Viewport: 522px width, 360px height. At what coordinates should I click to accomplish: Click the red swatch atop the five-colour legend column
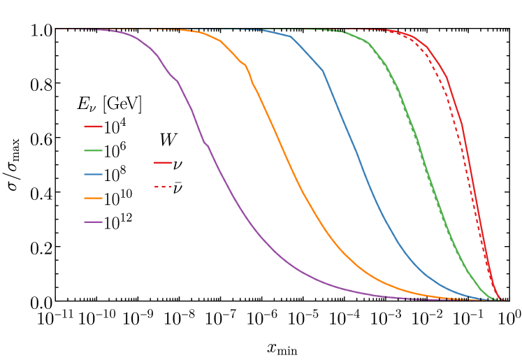click(93, 127)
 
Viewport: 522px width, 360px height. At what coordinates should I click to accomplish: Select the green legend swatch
click(93, 150)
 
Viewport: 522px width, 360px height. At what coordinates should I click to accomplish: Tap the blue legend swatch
click(93, 174)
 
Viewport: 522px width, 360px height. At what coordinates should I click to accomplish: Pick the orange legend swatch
click(93, 198)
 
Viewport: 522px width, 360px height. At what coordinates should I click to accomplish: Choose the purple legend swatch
click(93, 222)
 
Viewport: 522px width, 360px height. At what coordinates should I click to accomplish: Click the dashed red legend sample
click(163, 187)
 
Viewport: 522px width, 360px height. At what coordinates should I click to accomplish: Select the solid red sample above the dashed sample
click(163, 162)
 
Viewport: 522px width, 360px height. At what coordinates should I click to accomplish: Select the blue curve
click(363, 168)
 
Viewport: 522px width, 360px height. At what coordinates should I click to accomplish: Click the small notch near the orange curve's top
click(245, 65)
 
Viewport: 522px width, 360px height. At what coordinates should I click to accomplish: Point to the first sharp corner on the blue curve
click(291, 36)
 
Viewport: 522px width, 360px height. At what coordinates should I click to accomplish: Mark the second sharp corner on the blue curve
click(323, 70)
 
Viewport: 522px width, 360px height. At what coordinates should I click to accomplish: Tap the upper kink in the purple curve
click(177, 81)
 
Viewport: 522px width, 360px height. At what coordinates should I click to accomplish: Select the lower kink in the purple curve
click(205, 143)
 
